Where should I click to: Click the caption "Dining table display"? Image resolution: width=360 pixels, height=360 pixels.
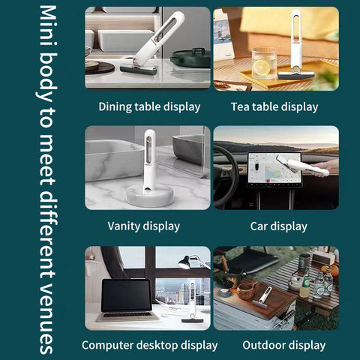click(149, 107)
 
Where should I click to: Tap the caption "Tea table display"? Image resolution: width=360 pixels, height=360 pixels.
click(274, 107)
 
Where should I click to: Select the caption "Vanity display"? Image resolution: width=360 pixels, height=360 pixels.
click(144, 226)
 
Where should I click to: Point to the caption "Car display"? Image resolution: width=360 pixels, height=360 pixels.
click(278, 226)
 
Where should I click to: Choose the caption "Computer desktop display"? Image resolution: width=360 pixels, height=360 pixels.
click(149, 346)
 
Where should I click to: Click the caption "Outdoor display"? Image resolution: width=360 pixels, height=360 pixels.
click(284, 345)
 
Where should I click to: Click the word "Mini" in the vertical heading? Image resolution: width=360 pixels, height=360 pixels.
click(48, 25)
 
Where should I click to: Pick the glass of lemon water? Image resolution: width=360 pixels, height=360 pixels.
click(263, 63)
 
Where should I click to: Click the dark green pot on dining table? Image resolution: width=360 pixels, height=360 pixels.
click(190, 58)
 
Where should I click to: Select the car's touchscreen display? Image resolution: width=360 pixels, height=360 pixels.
click(274, 169)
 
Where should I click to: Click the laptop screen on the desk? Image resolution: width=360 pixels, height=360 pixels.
click(127, 295)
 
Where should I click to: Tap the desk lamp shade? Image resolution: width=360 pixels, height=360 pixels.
click(184, 262)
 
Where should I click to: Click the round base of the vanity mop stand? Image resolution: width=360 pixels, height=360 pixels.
click(150, 196)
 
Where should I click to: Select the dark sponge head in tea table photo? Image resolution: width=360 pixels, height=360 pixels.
click(296, 76)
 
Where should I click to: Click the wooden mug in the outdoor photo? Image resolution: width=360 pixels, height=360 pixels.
click(246, 290)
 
